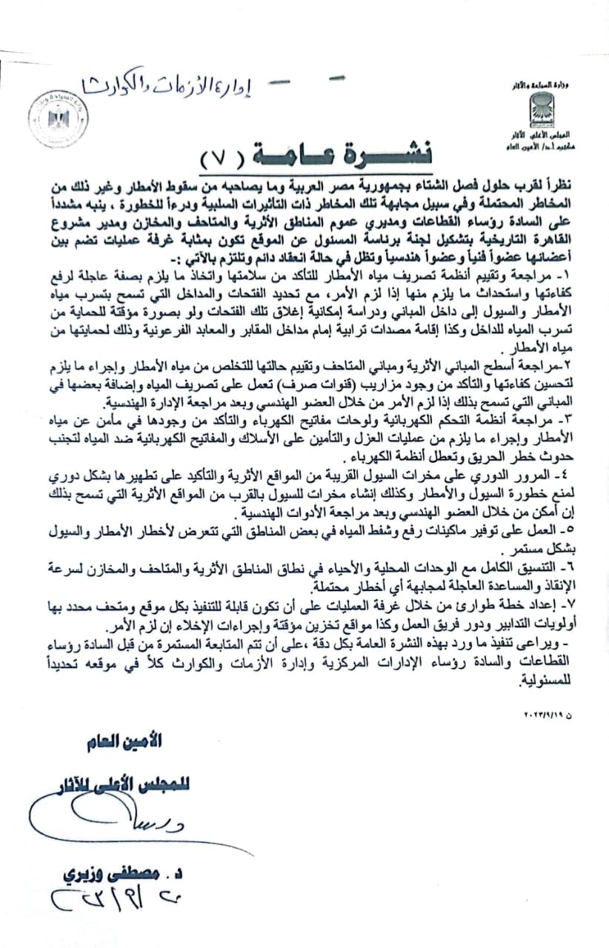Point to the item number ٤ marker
[570, 475]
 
